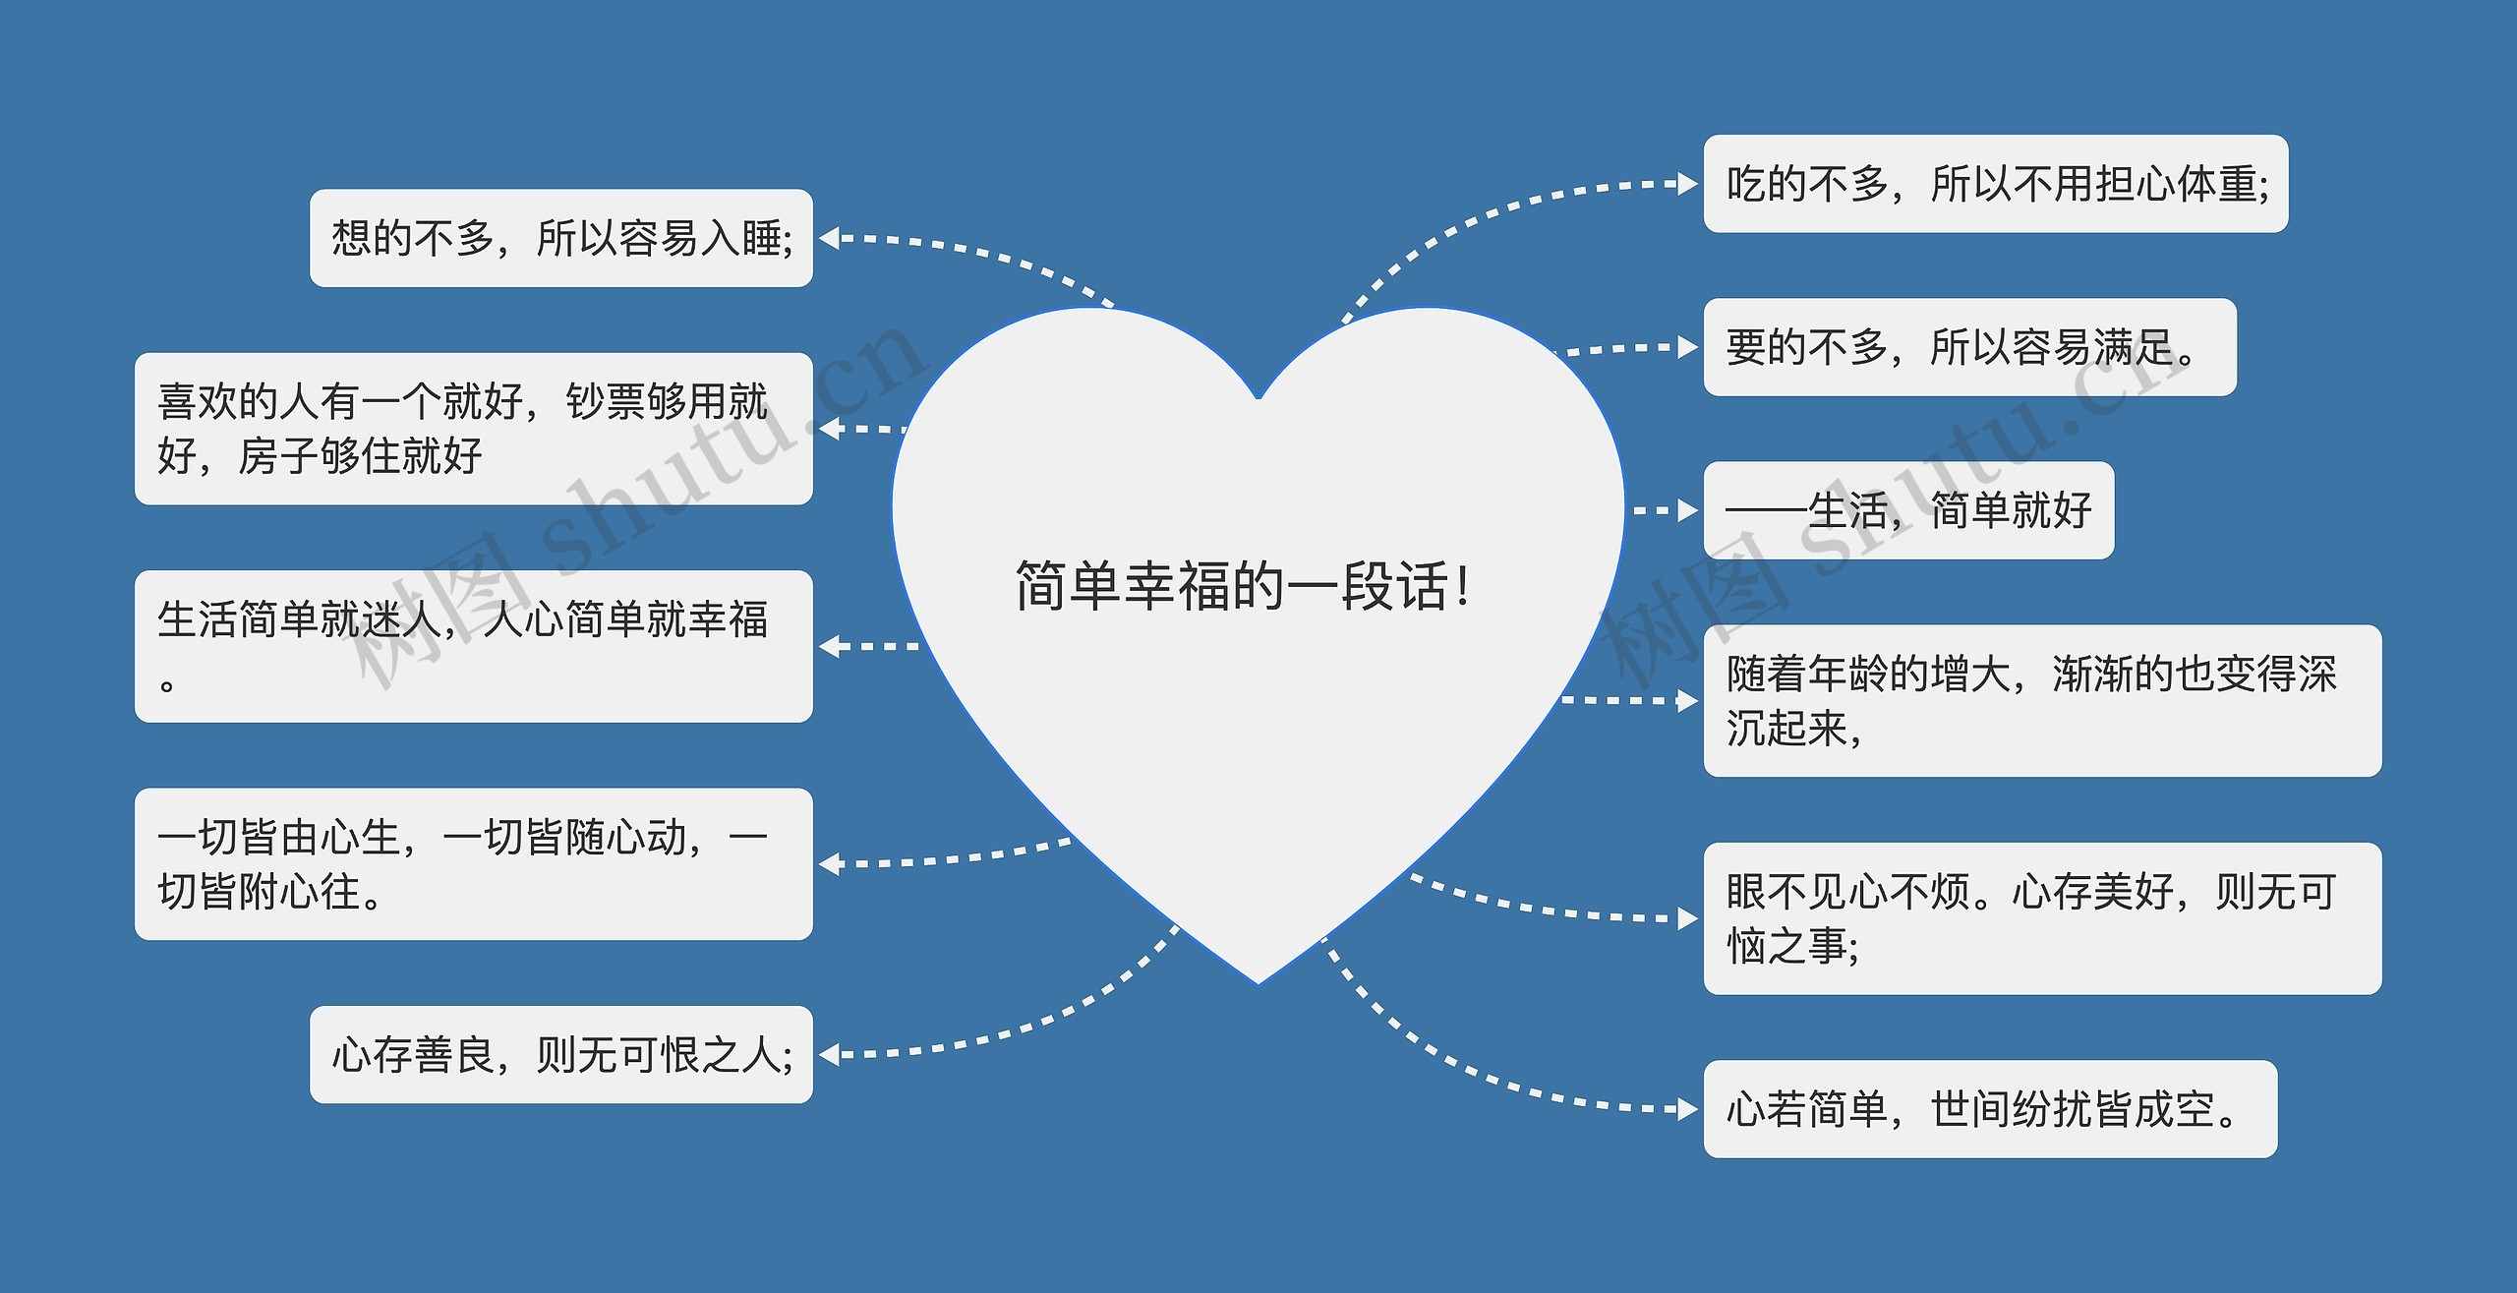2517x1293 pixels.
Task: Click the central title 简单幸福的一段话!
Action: coord(1243,587)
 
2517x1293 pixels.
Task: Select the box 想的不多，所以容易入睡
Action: coord(561,239)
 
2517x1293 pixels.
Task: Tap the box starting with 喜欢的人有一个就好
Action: coord(473,429)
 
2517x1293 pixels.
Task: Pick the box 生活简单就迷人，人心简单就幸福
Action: coord(473,646)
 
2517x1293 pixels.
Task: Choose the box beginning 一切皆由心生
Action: coord(473,863)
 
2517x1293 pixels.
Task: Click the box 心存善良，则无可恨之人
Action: coord(561,1055)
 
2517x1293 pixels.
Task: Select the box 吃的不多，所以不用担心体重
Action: coord(1996,184)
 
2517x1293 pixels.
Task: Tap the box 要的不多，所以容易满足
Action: coord(1969,347)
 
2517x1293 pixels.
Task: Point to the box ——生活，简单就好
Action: coord(1908,510)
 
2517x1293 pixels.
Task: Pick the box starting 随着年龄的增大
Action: coord(2042,700)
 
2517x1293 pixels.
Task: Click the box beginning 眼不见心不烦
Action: coord(2042,918)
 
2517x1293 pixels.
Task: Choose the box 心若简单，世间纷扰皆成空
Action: coord(1990,1109)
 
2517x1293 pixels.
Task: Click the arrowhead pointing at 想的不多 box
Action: coord(828,239)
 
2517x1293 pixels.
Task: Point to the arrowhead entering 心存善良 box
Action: coord(828,1055)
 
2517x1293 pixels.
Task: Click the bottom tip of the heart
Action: coord(1258,981)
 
